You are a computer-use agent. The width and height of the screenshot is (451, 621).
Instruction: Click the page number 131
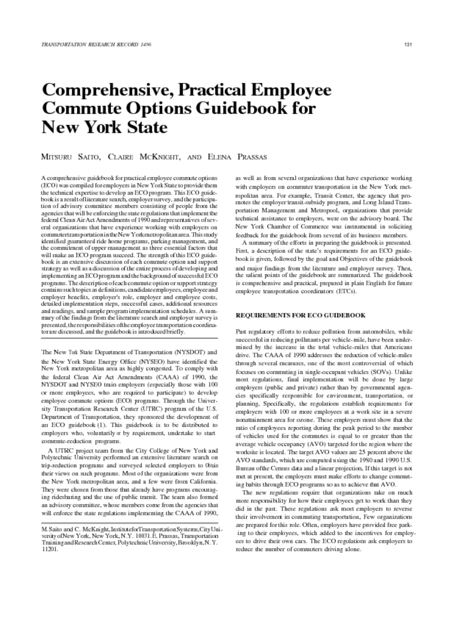coord(409,45)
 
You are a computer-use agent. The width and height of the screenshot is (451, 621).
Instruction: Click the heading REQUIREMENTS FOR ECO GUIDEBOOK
coord(300,315)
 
